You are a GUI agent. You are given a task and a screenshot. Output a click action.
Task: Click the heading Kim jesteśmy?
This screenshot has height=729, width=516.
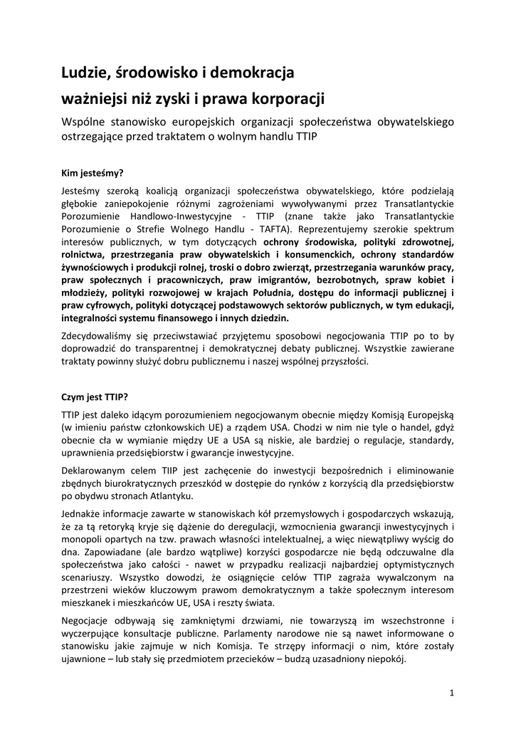(93, 172)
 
